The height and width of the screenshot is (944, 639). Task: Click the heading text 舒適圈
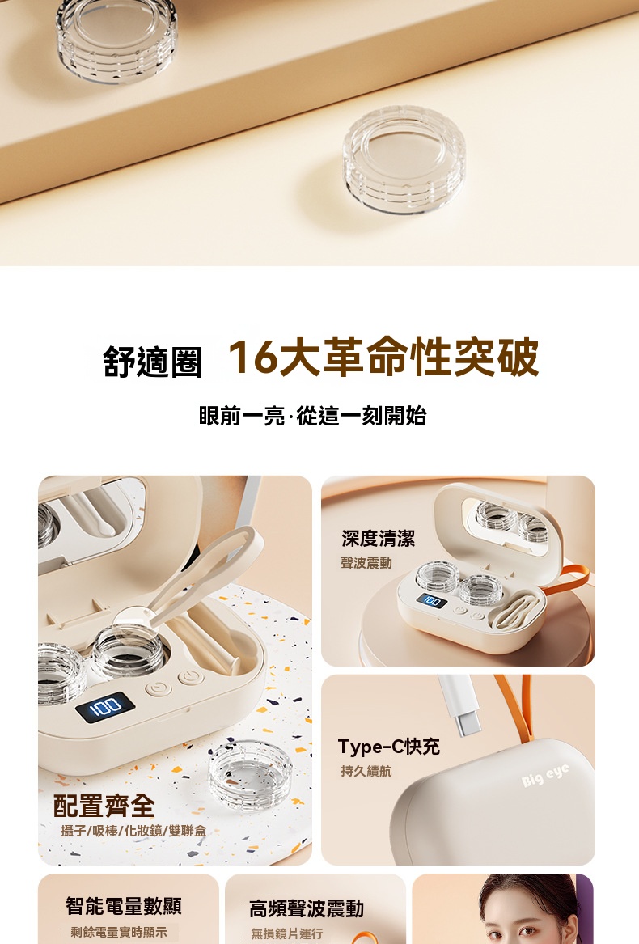tap(152, 362)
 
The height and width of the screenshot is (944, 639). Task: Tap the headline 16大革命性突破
tap(383, 358)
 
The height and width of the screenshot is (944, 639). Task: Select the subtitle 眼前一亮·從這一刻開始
tap(312, 416)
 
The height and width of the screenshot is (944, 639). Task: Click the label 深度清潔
tap(378, 538)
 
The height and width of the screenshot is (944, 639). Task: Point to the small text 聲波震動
tap(366, 563)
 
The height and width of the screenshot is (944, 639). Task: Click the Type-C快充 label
tap(389, 747)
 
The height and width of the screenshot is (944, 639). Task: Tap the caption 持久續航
tap(366, 771)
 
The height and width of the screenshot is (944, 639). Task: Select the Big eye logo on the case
tap(545, 777)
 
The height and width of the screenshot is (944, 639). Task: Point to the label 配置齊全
tap(104, 805)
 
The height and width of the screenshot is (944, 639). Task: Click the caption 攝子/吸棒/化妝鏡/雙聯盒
tap(133, 831)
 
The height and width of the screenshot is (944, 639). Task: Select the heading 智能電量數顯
tap(124, 905)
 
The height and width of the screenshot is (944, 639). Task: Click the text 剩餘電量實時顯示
tap(119, 933)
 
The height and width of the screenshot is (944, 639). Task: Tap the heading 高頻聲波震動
tap(307, 908)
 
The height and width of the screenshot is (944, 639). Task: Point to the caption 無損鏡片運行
tap(286, 933)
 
